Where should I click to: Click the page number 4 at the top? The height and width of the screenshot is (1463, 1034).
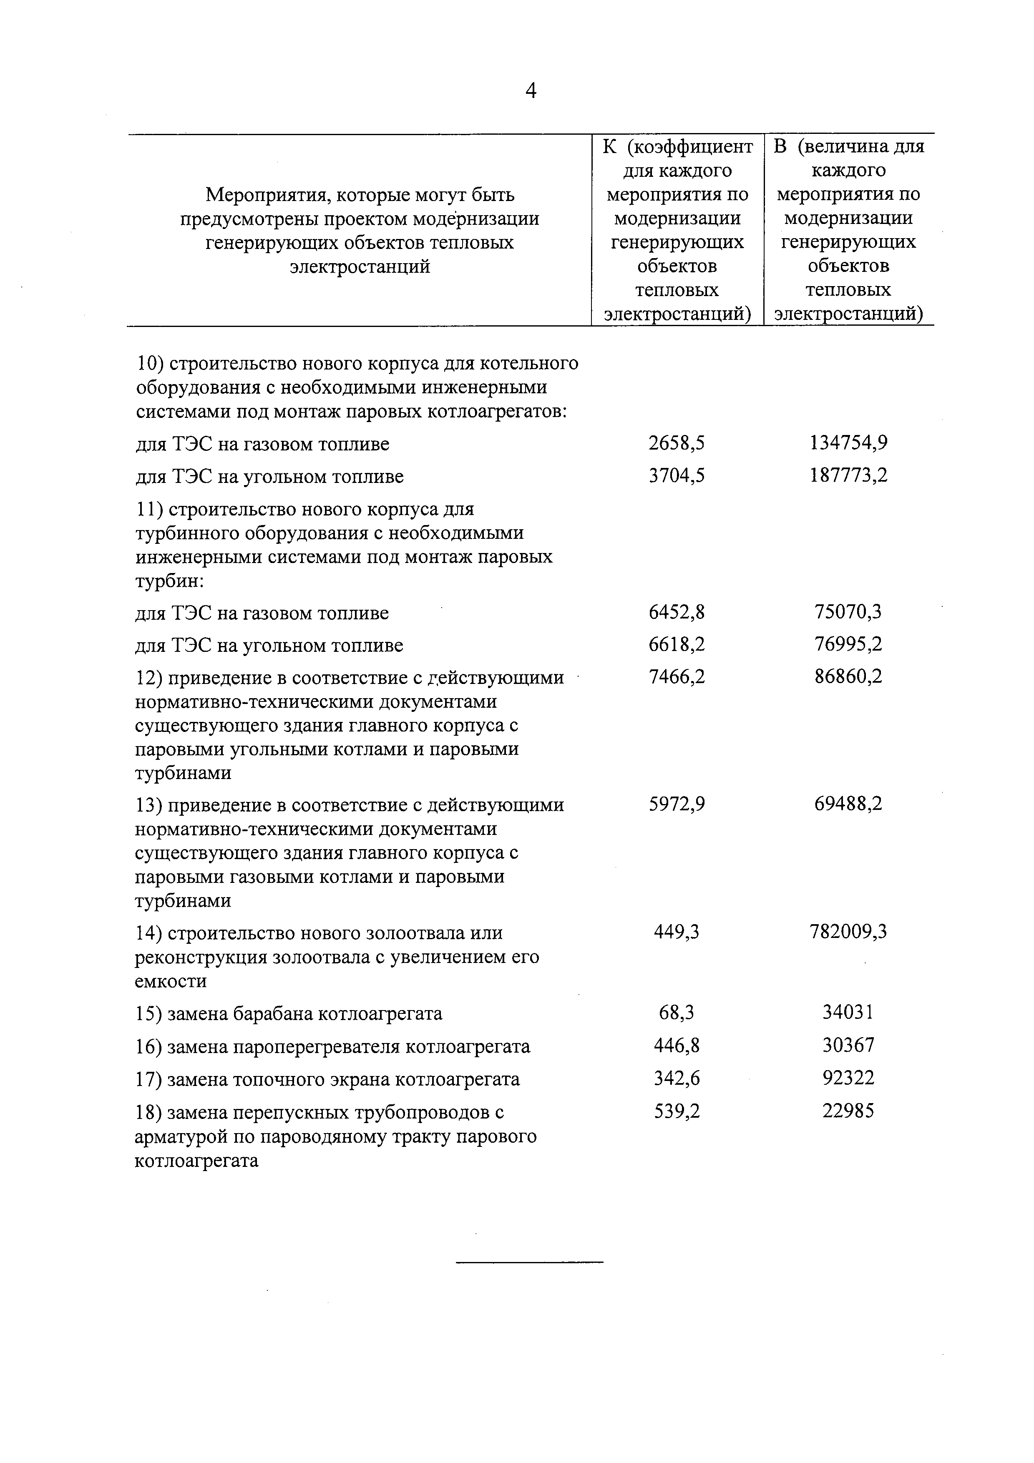tap(530, 92)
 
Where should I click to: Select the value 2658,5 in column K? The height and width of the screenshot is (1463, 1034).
tap(677, 443)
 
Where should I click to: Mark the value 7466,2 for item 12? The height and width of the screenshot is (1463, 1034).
tap(677, 677)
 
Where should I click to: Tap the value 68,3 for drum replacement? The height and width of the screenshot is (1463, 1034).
tap(677, 1013)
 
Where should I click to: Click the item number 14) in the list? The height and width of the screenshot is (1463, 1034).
tap(150, 933)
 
